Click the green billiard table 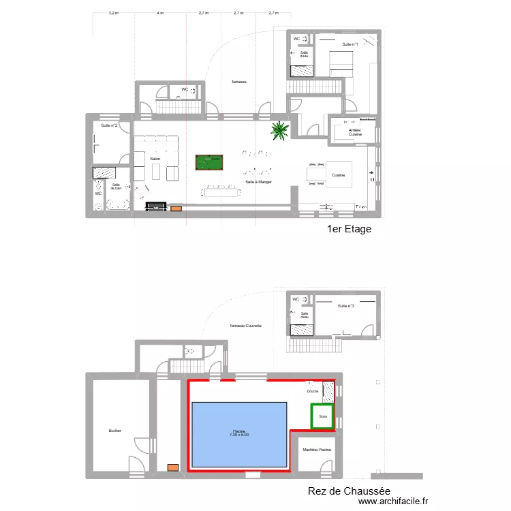[x=209, y=163]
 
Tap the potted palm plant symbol [x=279, y=130]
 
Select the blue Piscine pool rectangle [x=239, y=433]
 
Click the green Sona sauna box [x=323, y=416]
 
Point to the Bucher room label [x=114, y=431]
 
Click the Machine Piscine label [x=317, y=450]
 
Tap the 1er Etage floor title [x=350, y=230]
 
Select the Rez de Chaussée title [x=349, y=491]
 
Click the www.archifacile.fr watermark [x=394, y=501]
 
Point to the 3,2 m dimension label [x=113, y=13]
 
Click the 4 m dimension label [x=159, y=13]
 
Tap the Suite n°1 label [x=350, y=44]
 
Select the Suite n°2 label [x=109, y=125]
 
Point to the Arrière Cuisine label [x=355, y=132]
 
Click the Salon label [x=155, y=159]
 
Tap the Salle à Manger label [x=258, y=182]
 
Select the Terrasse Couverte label [x=245, y=326]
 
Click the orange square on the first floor [x=176, y=208]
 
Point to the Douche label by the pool [x=313, y=391]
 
